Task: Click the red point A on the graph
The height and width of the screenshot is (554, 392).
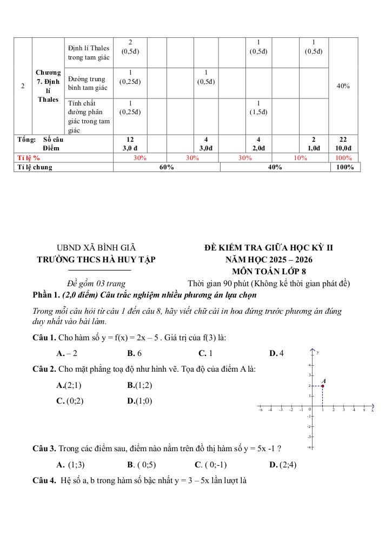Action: pyautogui.click(x=322, y=386)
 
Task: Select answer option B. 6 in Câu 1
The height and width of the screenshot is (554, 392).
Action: pyautogui.click(x=135, y=353)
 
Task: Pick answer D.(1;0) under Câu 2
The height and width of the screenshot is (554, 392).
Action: pyautogui.click(x=139, y=401)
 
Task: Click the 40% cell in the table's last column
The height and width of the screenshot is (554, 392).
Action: pyautogui.click(x=343, y=86)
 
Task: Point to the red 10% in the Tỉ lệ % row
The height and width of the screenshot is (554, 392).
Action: pyautogui.click(x=300, y=158)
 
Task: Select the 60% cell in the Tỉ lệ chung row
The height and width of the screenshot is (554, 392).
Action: pyautogui.click(x=167, y=167)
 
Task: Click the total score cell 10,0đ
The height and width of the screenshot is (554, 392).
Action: pyautogui.click(x=343, y=148)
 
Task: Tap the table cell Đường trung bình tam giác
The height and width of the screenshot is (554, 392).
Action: pyautogui.click(x=88, y=83)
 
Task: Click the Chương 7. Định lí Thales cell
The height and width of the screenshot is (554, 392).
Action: pyautogui.click(x=48, y=85)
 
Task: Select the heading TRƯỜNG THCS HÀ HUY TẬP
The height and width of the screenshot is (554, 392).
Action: pyautogui.click(x=96, y=259)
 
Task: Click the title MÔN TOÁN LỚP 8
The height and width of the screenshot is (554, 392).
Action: pyautogui.click(x=269, y=272)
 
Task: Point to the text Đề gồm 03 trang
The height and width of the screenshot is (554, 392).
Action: pyautogui.click(x=96, y=283)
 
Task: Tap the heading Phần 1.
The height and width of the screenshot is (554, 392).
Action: pyautogui.click(x=46, y=295)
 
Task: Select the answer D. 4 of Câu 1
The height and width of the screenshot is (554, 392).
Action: pyautogui.click(x=276, y=353)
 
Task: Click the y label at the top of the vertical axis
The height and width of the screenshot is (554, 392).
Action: pyautogui.click(x=318, y=352)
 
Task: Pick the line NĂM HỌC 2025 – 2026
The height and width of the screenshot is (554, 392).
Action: pyautogui.click(x=269, y=260)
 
